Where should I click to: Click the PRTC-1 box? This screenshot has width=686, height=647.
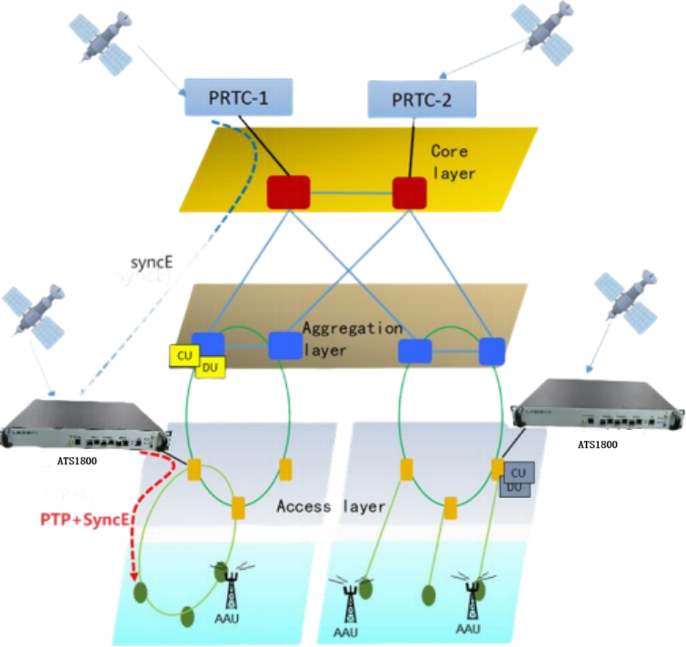tap(239, 95)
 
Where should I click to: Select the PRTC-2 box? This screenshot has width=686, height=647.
tap(422, 98)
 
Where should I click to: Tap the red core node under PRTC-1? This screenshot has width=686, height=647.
tap(288, 192)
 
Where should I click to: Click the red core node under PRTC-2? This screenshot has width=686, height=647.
tap(409, 192)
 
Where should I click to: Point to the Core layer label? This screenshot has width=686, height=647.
tap(452, 162)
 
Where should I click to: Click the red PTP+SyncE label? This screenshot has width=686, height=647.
tap(80, 521)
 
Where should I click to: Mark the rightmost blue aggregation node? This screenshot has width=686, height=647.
tap(492, 350)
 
